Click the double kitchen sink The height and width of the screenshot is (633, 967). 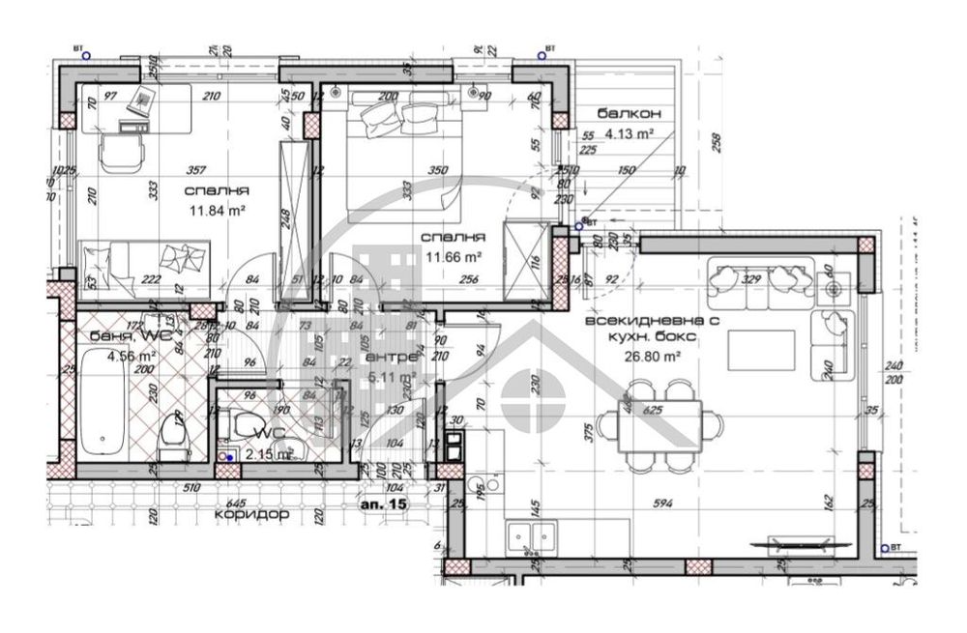(532, 534)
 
